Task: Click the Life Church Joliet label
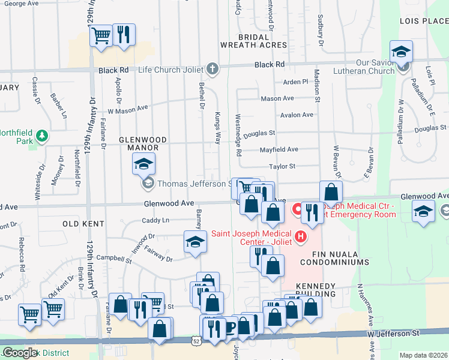[x=171, y=70]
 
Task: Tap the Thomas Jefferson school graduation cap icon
[x=143, y=163]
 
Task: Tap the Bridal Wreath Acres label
[x=253, y=41]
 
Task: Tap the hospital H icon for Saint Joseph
[x=299, y=238]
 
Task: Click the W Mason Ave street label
[x=127, y=110]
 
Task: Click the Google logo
[x=20, y=353]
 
